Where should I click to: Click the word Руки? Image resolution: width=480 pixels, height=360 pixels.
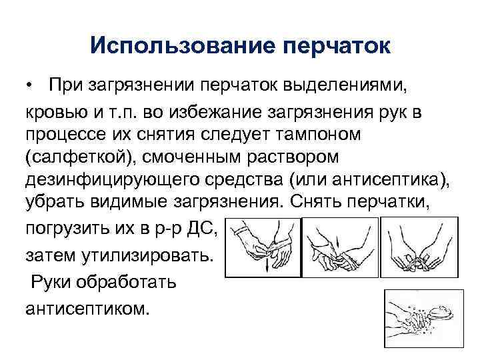tap(57, 281)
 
